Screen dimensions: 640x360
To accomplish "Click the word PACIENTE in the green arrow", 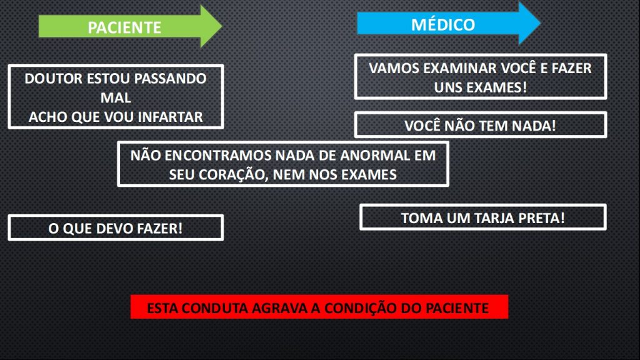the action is (x=124, y=27).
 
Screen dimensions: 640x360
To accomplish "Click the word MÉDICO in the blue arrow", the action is (x=443, y=24).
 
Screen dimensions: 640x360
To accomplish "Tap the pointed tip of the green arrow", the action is (x=222, y=26).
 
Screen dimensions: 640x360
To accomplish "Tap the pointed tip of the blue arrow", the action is (x=541, y=23).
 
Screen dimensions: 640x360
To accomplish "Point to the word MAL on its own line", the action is (x=116, y=97).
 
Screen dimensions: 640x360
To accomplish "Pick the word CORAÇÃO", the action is (x=236, y=175).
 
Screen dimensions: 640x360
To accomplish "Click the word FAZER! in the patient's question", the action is (x=160, y=229).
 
